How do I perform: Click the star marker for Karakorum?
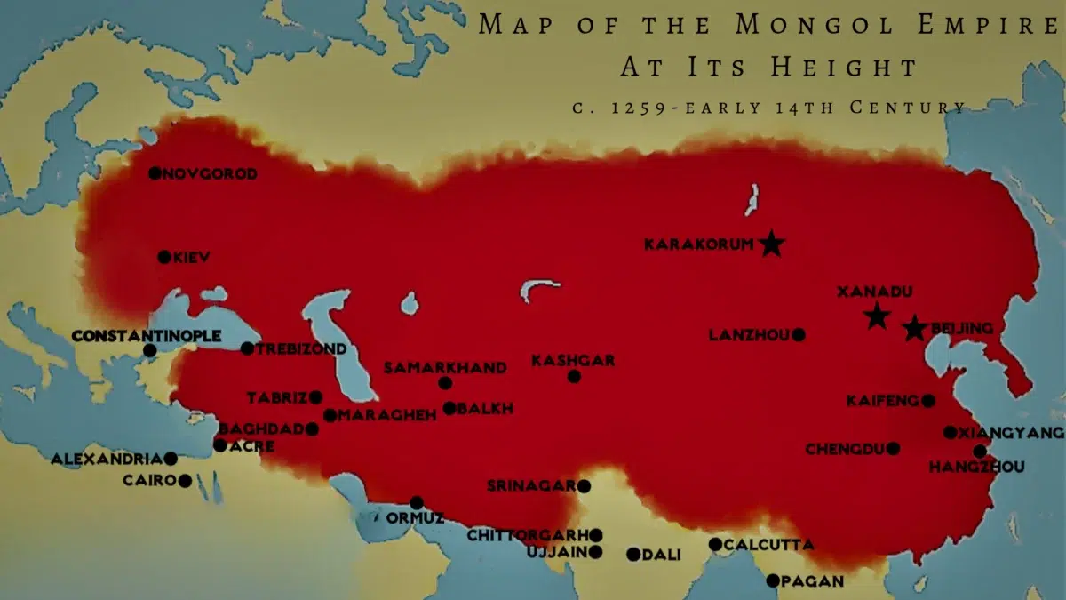coord(772,244)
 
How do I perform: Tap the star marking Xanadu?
coord(877,315)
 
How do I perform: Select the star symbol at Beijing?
coord(914,329)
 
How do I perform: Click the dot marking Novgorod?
coord(155,173)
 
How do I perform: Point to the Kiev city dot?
coord(164,257)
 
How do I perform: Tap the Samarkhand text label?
coord(445,368)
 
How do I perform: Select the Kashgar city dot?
coord(574,377)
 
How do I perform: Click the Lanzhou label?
coord(749,335)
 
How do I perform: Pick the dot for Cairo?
coord(185,481)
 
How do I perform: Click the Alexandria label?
coord(107,460)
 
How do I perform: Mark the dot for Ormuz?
coord(417,502)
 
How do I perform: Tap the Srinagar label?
coord(531,486)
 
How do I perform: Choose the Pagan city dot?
coord(773,580)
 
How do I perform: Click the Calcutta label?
coord(768,544)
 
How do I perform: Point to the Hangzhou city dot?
coord(979,451)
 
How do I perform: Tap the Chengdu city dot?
coord(893,449)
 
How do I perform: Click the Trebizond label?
coord(301,348)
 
